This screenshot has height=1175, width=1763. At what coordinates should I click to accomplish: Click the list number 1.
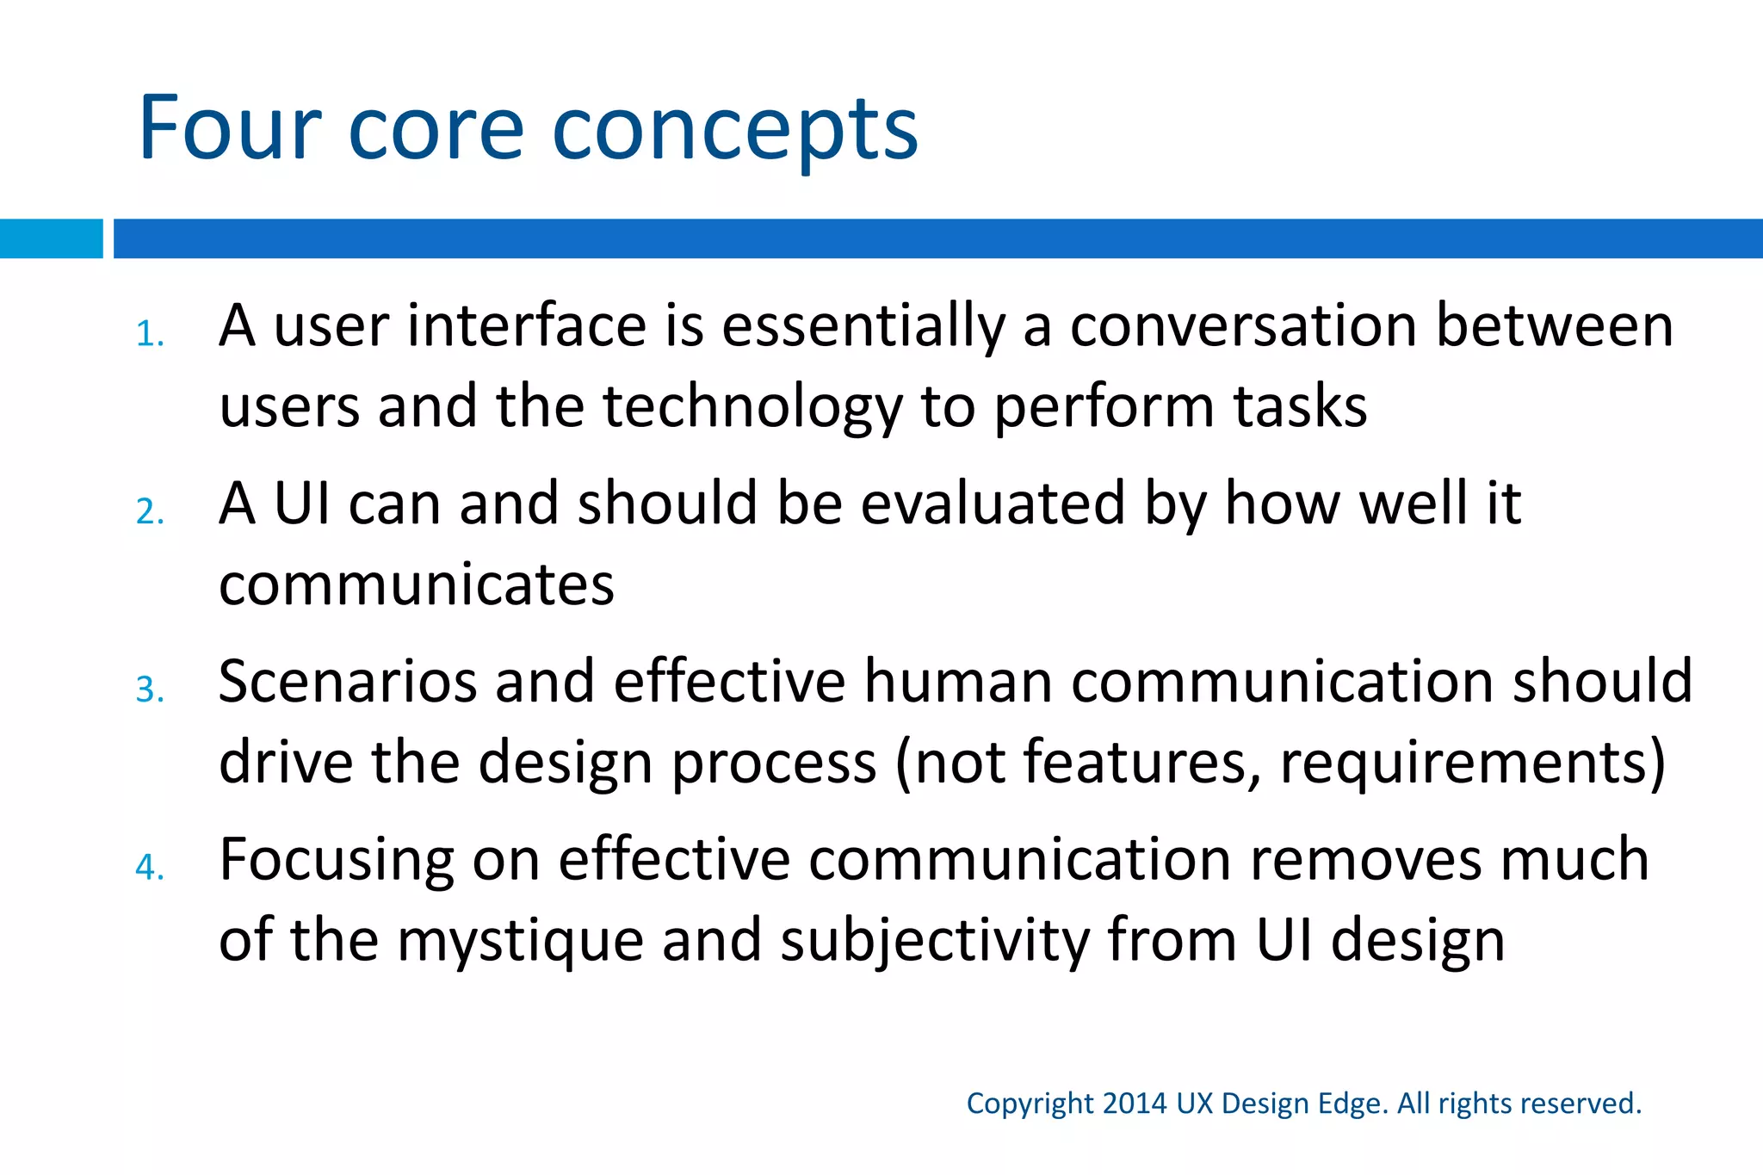(148, 334)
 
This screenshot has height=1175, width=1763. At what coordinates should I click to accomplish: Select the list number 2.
(148, 511)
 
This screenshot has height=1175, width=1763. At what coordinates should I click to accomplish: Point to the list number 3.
(148, 690)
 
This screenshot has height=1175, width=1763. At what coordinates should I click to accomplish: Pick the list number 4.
(148, 867)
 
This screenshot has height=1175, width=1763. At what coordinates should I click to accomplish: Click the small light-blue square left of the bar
(51, 238)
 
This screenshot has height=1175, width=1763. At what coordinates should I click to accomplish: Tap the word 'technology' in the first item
(752, 407)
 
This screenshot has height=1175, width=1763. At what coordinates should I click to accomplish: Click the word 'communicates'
(417, 584)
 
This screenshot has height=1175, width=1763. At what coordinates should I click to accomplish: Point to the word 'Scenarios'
(347, 681)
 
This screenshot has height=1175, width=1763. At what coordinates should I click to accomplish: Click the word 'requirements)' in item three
(1473, 763)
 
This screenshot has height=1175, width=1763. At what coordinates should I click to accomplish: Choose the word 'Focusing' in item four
(337, 860)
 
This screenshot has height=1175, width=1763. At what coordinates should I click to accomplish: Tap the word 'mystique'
(520, 942)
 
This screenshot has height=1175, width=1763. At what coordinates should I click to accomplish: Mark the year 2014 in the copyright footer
(1135, 1103)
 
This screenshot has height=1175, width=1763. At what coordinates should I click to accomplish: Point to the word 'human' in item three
(958, 681)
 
